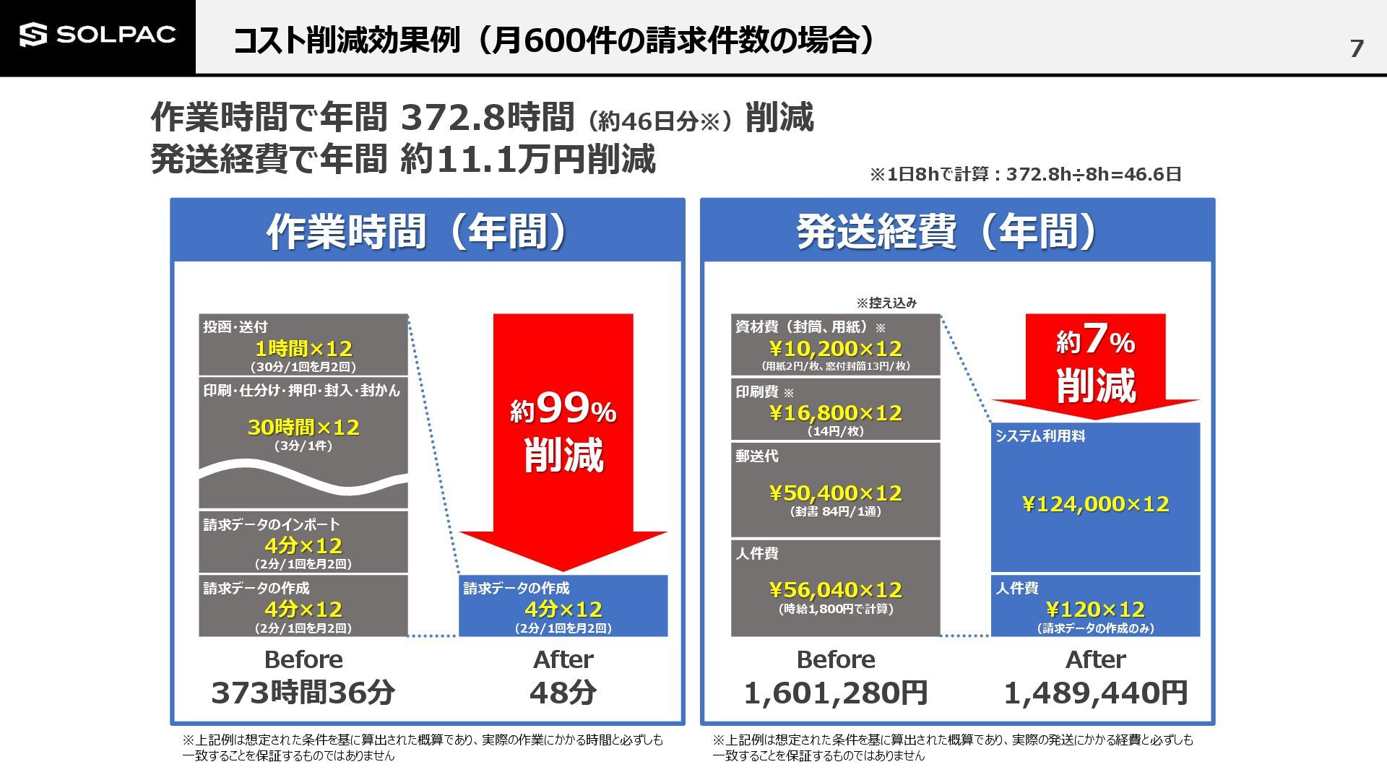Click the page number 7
coord(1356,48)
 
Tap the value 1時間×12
coord(303,349)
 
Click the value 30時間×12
coord(303,427)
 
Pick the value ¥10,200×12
coord(836,349)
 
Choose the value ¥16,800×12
coord(836,413)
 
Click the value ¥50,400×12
coord(836,493)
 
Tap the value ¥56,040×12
coord(836,590)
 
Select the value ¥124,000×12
coord(1095,504)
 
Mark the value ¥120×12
coord(1095,610)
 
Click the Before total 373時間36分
coord(303,693)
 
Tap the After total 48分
coord(563,693)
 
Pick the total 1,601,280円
coord(836,693)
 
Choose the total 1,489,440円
coord(1095,693)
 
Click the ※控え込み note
coord(886,303)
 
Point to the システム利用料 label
coord(1040,436)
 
